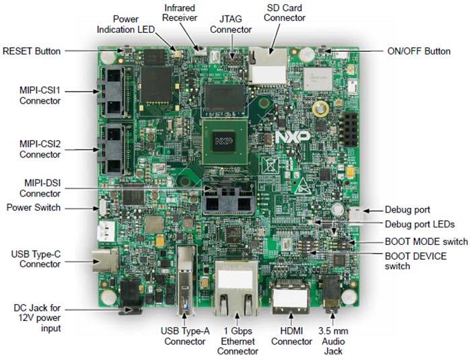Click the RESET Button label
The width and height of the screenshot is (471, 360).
32,51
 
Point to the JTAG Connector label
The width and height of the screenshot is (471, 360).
232,24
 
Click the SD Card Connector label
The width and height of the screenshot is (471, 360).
285,12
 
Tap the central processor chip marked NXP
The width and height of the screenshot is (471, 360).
222,141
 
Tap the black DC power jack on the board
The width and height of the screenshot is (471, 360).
130,297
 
